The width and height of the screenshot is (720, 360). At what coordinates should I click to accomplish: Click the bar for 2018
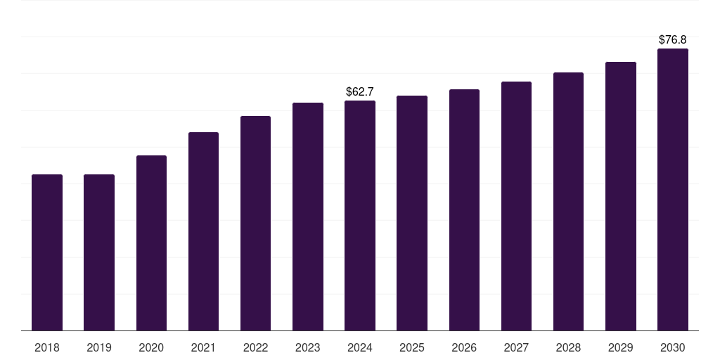tap(47, 252)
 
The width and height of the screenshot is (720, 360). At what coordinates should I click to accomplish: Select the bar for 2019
tap(99, 252)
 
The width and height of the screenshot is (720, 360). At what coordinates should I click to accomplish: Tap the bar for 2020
tap(151, 243)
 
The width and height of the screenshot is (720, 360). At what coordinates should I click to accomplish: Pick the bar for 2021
tap(203, 231)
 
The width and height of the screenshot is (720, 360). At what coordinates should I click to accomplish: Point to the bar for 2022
tap(255, 223)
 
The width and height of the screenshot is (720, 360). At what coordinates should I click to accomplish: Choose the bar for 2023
tap(308, 217)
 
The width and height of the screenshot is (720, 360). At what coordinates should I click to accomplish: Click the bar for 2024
tap(360, 215)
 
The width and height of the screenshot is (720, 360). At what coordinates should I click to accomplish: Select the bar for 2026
tap(464, 210)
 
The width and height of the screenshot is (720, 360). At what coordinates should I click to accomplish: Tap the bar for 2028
tap(568, 202)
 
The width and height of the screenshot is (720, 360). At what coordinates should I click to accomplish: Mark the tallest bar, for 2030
tap(673, 190)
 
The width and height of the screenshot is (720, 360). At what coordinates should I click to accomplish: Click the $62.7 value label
tap(360, 92)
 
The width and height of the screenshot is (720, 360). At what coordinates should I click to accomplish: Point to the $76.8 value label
tap(673, 40)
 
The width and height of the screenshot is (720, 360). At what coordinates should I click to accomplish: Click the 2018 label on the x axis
tap(47, 347)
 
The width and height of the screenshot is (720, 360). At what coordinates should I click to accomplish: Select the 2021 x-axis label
tap(203, 347)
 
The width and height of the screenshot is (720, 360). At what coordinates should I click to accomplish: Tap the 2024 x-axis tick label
tap(360, 347)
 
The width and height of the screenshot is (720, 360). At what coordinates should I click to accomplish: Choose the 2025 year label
tap(412, 347)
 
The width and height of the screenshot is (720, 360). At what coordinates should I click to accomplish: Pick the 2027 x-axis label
tap(516, 347)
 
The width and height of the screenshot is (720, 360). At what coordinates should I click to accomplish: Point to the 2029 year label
tap(621, 347)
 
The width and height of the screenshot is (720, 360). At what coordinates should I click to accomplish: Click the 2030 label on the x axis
tap(673, 347)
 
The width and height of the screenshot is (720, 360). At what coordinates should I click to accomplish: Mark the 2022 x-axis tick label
tap(255, 347)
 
